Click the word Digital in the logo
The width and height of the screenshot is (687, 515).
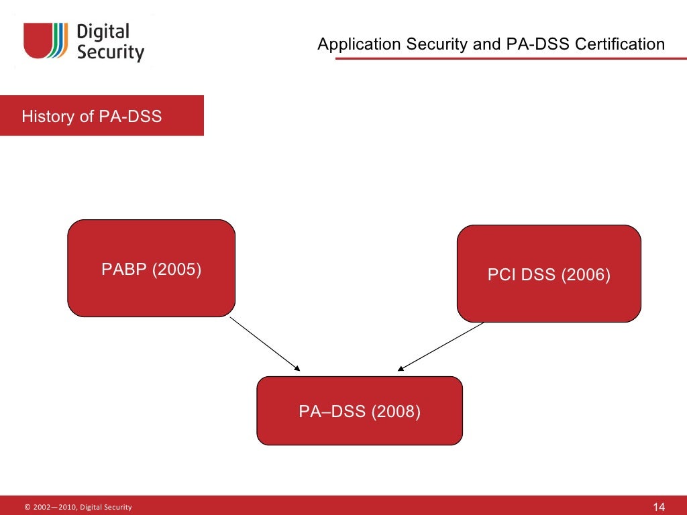[x=103, y=32]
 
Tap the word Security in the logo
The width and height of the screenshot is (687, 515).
[x=111, y=52]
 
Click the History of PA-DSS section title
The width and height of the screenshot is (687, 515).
[x=92, y=117]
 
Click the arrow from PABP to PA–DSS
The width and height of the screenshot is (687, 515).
[x=265, y=343]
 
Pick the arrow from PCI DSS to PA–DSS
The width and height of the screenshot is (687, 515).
[x=441, y=346]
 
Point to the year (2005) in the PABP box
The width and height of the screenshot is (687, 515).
[x=177, y=270]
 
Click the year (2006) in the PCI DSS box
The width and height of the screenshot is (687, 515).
[x=586, y=275]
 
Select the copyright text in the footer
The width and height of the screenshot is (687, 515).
[x=78, y=507]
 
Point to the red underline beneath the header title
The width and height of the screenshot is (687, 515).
[x=510, y=59]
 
